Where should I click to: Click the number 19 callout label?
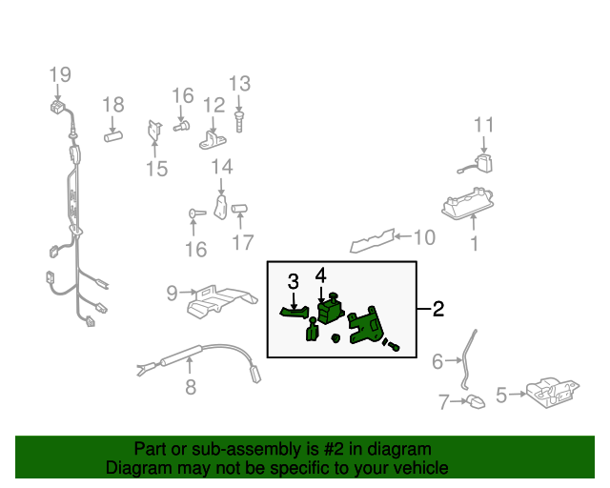60,74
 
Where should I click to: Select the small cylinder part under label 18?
113,136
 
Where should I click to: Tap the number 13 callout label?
239,84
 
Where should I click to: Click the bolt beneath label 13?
239,122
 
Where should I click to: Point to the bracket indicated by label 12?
213,141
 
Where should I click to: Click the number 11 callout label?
483,125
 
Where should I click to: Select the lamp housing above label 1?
468,203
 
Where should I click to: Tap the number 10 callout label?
424,237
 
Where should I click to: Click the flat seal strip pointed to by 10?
373,241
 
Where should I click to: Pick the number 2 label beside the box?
438,309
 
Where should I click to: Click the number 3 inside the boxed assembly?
294,281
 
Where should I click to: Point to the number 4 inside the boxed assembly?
320,275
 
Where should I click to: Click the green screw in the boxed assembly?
392,345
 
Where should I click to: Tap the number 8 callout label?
191,387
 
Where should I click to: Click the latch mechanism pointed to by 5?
553,393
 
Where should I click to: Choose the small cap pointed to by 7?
476,401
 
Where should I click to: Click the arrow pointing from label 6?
454,360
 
